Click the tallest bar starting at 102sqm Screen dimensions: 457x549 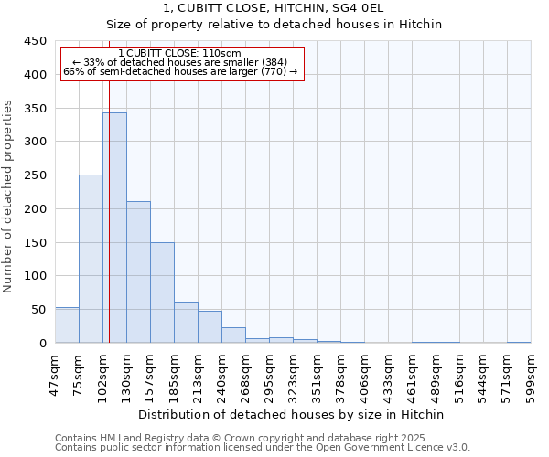tap(114, 228)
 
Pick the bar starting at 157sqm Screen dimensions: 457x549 tap(162, 292)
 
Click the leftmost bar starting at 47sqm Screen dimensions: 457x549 tap(67, 325)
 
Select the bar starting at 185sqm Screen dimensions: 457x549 tap(186, 323)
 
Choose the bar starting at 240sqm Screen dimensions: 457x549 tap(233, 335)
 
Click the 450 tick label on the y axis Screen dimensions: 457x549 tap(36, 41)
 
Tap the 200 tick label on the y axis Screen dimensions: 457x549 tap(36, 209)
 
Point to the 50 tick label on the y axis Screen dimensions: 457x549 tap(39, 310)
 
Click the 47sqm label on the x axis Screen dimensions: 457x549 tap(55, 373)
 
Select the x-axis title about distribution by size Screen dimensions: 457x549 tap(293, 414)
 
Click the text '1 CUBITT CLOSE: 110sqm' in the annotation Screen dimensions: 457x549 tap(180, 54)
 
